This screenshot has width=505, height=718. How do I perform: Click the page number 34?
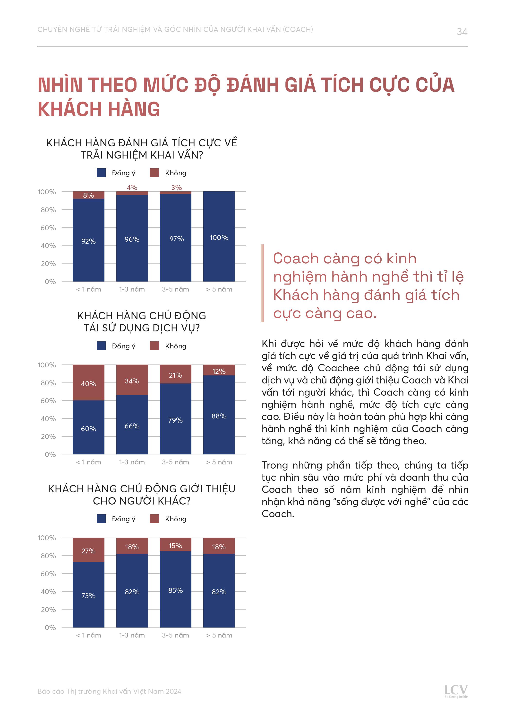click(462, 32)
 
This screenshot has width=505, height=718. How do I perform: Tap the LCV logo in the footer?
click(456, 691)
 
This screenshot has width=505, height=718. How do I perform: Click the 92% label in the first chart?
click(88, 241)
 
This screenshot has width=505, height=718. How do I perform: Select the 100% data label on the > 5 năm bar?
click(219, 238)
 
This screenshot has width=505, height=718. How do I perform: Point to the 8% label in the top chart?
click(88, 195)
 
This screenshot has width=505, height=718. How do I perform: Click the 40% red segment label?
click(88, 383)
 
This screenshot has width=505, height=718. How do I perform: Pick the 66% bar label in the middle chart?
click(132, 426)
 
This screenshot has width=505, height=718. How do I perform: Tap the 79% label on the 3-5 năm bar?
click(175, 420)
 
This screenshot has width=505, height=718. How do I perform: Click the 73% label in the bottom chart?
click(88, 596)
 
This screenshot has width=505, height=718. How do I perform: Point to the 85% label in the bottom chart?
click(175, 590)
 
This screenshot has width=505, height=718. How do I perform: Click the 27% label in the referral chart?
click(88, 551)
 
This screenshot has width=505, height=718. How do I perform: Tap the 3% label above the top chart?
click(176, 187)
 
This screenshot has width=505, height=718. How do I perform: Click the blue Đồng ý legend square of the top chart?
click(101, 173)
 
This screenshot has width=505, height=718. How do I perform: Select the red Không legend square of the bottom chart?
click(154, 519)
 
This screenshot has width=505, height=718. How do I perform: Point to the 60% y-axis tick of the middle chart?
click(48, 401)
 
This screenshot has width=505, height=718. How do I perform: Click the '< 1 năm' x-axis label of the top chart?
click(88, 289)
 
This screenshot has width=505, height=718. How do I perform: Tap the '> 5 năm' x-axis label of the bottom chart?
click(219, 635)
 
